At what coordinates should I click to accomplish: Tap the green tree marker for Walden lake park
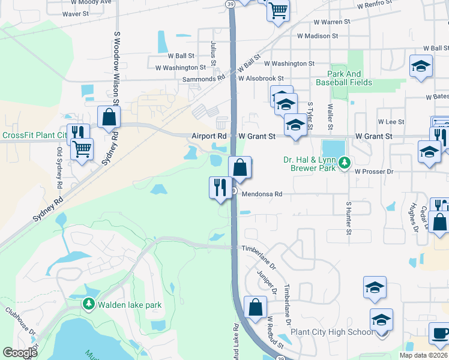coord(89,305)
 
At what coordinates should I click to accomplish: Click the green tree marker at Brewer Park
coord(345,163)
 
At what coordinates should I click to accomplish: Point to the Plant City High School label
coord(332,332)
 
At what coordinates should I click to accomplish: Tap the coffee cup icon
coord(440,334)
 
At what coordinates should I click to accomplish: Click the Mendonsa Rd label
coord(262,194)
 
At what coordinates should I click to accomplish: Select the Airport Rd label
coord(209,137)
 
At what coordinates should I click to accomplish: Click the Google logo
coord(20,352)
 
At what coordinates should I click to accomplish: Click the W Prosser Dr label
coord(382,172)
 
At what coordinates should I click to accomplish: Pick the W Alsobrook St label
coord(261,79)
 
